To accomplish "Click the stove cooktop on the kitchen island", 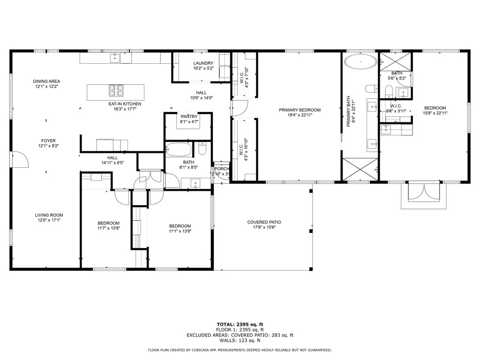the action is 116,90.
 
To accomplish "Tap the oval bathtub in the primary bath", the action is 360,61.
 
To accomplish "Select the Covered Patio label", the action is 264,222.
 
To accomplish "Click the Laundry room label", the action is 203,63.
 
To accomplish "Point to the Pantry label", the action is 189,117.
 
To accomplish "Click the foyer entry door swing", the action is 20,159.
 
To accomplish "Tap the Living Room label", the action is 49,215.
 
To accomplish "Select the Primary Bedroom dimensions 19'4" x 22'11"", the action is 300,115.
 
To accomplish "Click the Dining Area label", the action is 46,82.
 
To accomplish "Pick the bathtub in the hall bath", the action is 179,150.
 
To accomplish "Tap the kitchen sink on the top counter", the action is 115,58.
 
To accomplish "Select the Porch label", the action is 222,169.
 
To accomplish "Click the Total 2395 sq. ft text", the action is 240,324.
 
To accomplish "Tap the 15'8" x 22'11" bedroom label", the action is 435,113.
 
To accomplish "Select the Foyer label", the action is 48,141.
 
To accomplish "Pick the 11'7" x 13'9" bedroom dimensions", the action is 109,228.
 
